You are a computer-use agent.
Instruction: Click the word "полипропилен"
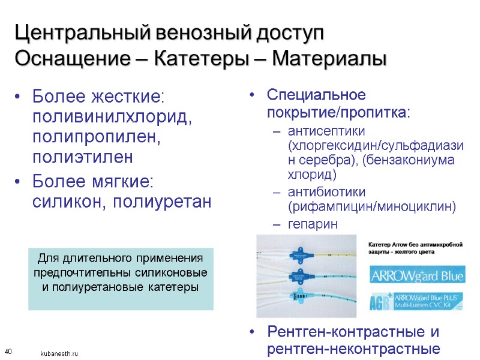click(97, 137)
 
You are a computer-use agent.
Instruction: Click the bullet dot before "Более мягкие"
click(20, 181)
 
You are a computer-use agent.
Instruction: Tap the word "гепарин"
click(313, 224)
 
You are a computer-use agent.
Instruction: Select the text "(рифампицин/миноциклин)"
click(372, 207)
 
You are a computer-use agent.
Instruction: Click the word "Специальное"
click(316, 95)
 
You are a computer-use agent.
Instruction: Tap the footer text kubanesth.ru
click(59, 354)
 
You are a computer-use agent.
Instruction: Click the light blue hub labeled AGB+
click(300, 296)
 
